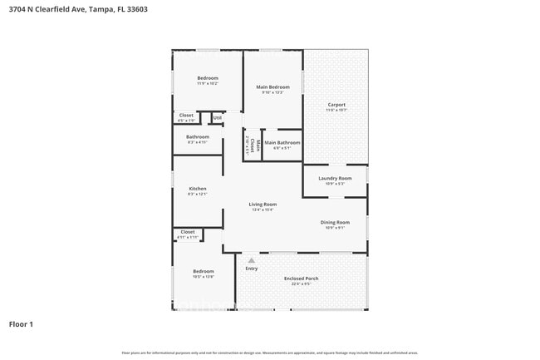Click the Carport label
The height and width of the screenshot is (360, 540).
[336, 105]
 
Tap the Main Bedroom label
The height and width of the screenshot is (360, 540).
[272, 87]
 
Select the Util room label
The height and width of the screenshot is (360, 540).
[217, 118]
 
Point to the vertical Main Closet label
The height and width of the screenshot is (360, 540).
[258, 147]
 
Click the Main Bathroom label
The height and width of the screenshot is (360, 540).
[282, 143]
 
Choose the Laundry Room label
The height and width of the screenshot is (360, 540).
[335, 178]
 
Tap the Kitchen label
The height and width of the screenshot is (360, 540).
[197, 189]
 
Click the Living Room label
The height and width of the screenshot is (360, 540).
[263, 205]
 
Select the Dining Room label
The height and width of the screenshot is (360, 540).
[335, 222]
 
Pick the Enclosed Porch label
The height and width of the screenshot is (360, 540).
[301, 279]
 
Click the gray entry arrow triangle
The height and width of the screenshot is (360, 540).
[251, 260]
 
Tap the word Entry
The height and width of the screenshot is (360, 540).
[251, 269]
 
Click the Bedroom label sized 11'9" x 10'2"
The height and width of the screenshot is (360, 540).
[207, 78]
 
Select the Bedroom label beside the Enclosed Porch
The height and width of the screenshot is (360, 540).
[204, 271]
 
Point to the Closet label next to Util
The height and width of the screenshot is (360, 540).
[186, 116]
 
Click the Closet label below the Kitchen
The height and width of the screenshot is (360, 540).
[187, 232]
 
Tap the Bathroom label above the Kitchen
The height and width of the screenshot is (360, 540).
[197, 137]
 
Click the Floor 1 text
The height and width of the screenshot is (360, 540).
[21, 323]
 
